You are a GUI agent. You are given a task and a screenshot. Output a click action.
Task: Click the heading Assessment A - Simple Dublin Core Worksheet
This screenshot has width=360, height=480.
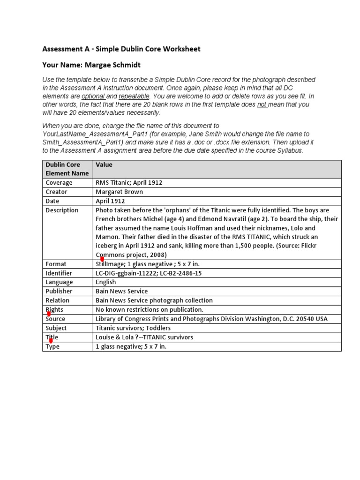click(121, 49)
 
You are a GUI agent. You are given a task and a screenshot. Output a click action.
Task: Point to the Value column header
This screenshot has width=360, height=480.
click(104, 165)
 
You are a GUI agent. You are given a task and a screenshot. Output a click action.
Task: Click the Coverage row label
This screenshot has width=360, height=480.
click(59, 183)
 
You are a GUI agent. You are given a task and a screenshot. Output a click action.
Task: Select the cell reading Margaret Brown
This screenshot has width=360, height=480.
click(119, 192)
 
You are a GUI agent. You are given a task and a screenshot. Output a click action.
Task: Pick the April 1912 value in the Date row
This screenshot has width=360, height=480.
click(110, 201)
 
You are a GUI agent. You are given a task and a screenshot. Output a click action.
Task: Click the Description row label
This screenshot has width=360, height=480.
click(62, 210)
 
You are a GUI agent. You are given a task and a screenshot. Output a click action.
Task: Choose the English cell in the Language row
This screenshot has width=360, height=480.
click(105, 282)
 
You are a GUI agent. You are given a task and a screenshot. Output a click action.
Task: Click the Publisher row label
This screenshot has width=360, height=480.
click(59, 291)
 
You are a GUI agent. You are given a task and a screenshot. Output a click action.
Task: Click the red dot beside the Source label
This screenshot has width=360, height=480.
click(48, 314)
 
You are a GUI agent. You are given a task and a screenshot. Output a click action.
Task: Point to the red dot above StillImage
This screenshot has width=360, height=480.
click(102, 259)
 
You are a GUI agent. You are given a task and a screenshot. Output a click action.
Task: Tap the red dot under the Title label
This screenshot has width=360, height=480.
click(51, 341)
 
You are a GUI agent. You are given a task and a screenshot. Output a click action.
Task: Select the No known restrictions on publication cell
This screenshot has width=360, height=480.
click(149, 309)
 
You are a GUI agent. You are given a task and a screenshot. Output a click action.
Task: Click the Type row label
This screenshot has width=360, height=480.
click(53, 346)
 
